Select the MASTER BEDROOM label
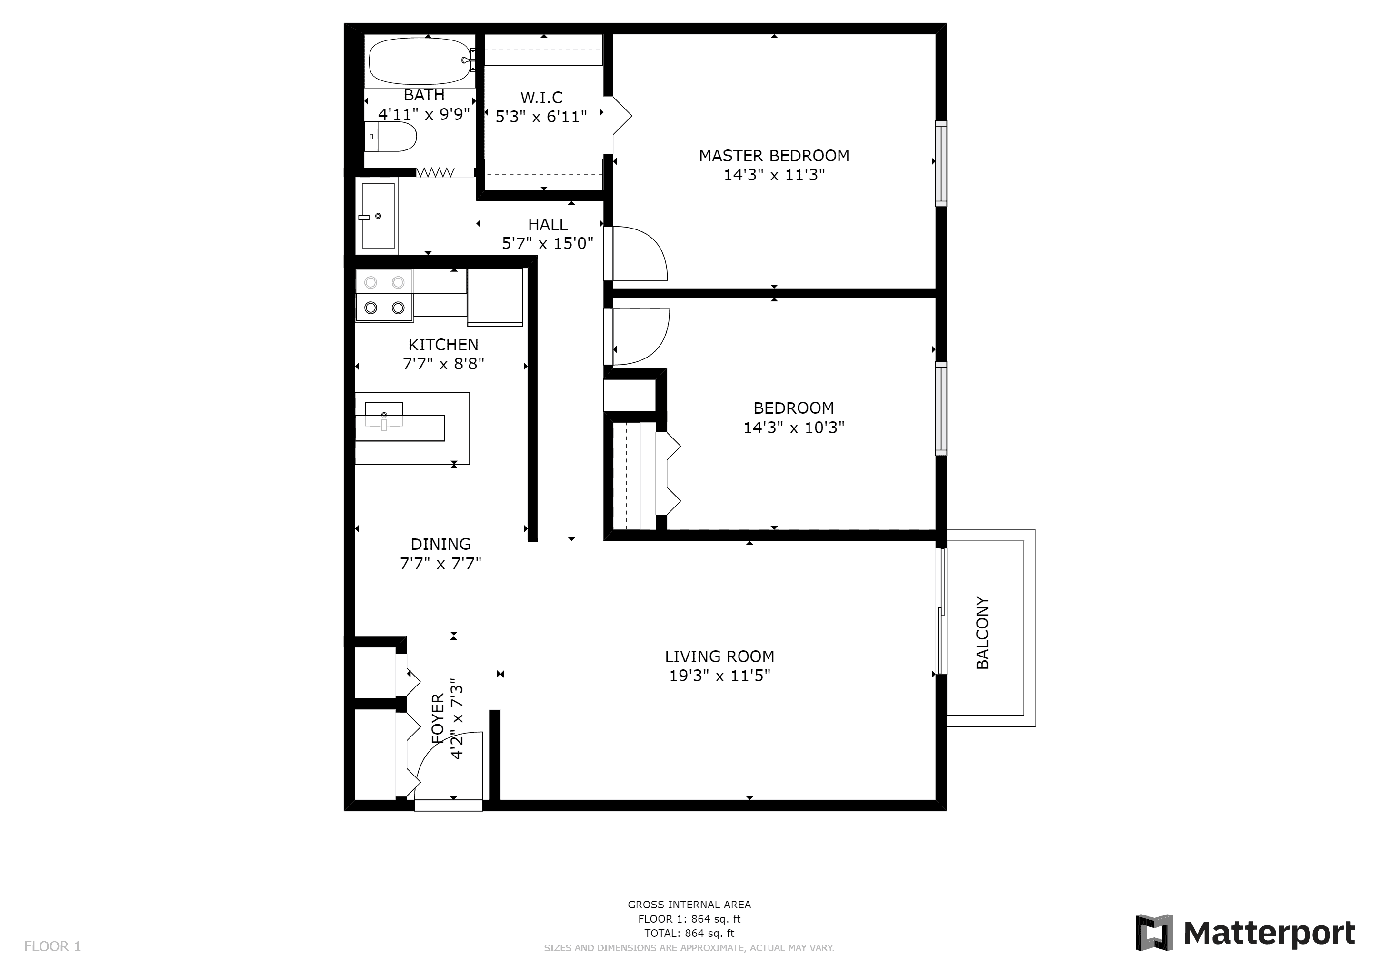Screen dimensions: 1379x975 point(774,156)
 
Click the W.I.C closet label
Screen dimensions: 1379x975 point(541,97)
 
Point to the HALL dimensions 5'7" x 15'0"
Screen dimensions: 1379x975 point(547,243)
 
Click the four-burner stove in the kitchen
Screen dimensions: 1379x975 point(384,295)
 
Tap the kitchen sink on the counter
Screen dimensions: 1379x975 point(384,416)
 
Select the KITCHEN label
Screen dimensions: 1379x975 point(443,345)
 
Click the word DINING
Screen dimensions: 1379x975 point(440,544)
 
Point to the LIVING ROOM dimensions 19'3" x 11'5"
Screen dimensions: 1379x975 point(719,676)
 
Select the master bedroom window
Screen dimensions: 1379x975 point(941,163)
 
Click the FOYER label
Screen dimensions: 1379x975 point(438,719)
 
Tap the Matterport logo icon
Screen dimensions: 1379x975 point(1153,934)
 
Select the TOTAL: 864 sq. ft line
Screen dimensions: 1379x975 point(689,933)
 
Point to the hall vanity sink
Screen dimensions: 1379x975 point(378,216)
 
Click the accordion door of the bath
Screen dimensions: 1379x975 point(435,173)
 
